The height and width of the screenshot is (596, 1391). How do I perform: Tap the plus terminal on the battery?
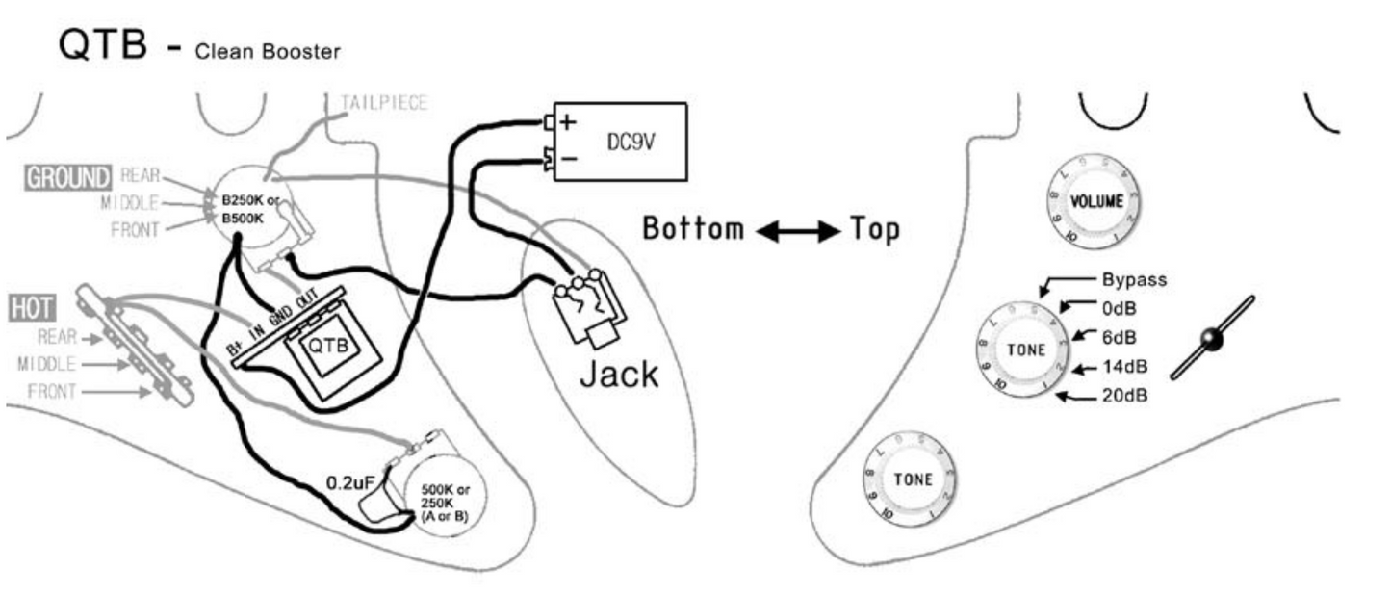click(x=567, y=122)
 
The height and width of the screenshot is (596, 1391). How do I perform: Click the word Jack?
click(x=618, y=374)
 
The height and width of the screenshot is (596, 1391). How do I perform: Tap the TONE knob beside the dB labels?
click(x=1025, y=350)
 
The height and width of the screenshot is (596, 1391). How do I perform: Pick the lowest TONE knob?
click(x=912, y=479)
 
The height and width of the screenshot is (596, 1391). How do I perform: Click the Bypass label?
click(x=1134, y=280)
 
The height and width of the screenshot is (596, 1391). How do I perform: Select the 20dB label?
click(x=1123, y=396)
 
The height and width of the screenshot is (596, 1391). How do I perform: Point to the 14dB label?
click(x=1123, y=367)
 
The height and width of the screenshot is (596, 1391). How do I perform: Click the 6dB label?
click(x=1118, y=338)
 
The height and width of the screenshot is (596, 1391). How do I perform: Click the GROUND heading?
click(x=67, y=177)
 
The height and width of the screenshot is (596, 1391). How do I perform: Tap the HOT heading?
click(x=31, y=308)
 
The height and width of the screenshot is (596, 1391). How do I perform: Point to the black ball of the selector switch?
click(x=1211, y=339)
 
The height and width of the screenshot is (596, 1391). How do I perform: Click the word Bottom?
click(x=692, y=229)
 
